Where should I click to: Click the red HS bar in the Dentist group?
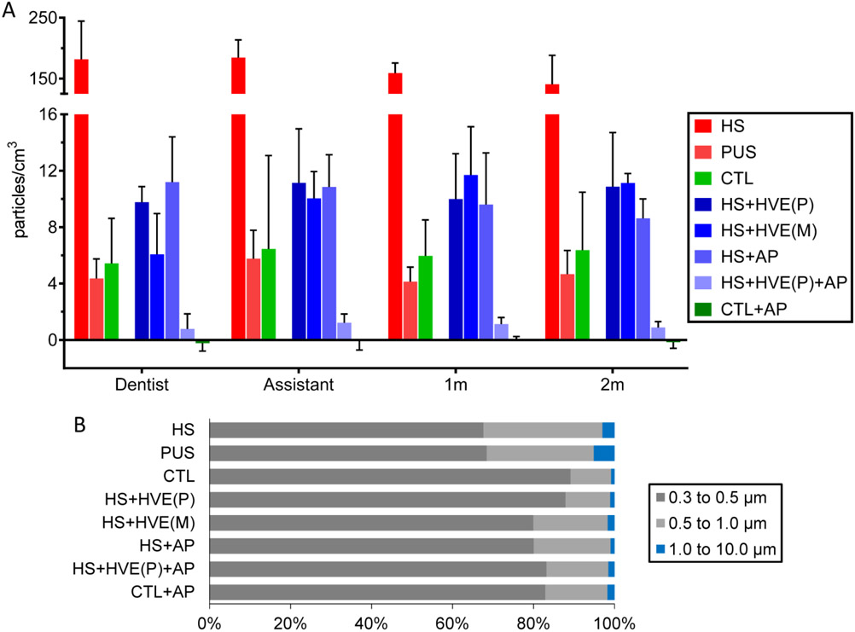click(x=81, y=213)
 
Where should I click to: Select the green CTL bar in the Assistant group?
click(x=269, y=294)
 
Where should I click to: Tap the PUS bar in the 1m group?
click(x=410, y=310)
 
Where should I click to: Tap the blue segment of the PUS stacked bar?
click(x=603, y=453)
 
